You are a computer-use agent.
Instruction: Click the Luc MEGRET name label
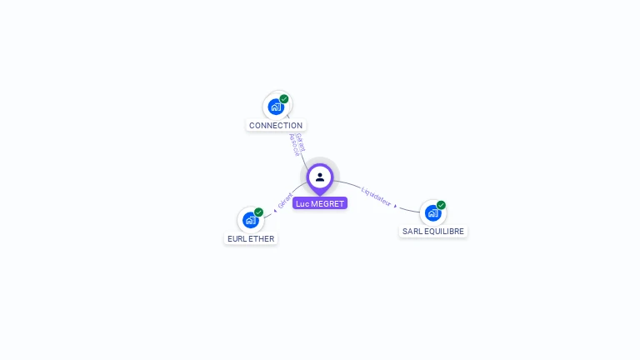pyautogui.click(x=320, y=203)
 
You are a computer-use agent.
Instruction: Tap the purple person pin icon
pyautogui.click(x=320, y=177)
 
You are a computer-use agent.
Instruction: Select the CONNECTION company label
pyautogui.click(x=276, y=126)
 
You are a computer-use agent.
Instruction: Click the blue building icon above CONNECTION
pyautogui.click(x=276, y=107)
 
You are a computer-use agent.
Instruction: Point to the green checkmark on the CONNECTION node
pyautogui.click(x=284, y=99)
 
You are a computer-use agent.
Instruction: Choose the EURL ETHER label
pyautogui.click(x=251, y=238)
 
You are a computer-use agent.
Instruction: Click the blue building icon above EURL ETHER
pyautogui.click(x=250, y=221)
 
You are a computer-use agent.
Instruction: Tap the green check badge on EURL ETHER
pyautogui.click(x=259, y=212)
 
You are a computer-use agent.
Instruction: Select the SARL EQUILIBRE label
pyautogui.click(x=433, y=231)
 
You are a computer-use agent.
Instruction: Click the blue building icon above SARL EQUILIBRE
pyautogui.click(x=432, y=213)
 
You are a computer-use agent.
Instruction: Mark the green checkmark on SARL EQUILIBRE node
pyautogui.click(x=441, y=205)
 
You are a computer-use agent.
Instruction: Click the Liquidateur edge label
pyautogui.click(x=376, y=197)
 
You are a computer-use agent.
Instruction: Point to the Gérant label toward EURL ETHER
pyautogui.click(x=286, y=200)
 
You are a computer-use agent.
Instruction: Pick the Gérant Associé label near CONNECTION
pyautogui.click(x=296, y=144)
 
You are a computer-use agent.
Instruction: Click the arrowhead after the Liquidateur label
pyautogui.click(x=396, y=205)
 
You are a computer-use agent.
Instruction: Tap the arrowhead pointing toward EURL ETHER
pyautogui.click(x=275, y=212)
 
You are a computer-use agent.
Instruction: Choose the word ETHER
pyautogui.click(x=261, y=238)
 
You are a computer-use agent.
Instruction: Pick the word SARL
pyautogui.click(x=412, y=231)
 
